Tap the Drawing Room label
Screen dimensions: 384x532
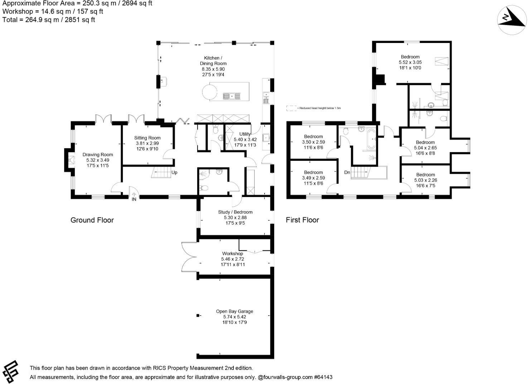97,155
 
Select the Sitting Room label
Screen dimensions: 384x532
147,138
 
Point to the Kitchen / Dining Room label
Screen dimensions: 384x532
213,61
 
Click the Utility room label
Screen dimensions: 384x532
245,134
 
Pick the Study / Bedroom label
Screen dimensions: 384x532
235,212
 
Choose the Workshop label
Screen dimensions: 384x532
232,254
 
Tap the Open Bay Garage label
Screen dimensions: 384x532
234,311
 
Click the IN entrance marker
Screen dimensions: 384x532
134,199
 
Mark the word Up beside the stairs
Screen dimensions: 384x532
174,172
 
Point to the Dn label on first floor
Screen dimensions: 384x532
347,172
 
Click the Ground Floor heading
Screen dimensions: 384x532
92,220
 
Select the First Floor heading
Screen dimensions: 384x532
302,220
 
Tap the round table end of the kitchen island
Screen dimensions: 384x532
209,92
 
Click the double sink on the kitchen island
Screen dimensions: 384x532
232,96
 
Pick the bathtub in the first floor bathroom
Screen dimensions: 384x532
371,139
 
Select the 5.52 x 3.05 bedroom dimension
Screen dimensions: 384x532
410,62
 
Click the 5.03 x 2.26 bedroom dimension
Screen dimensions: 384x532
426,180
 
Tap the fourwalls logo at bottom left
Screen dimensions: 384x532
11,371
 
